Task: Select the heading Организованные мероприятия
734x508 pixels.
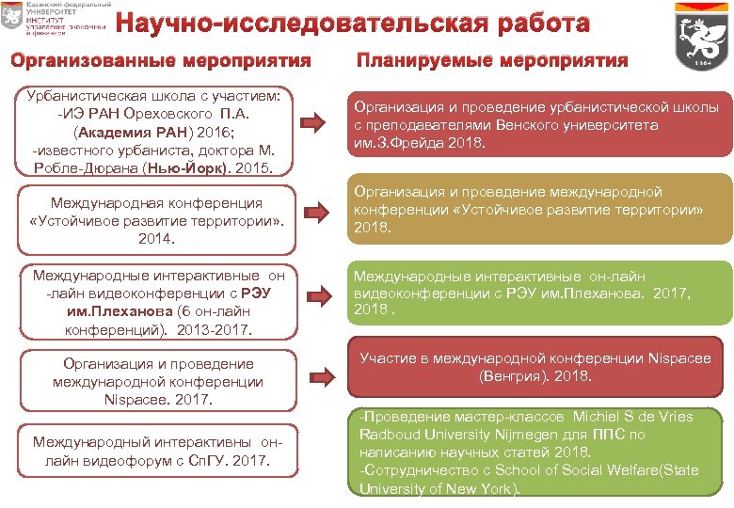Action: click(x=160, y=62)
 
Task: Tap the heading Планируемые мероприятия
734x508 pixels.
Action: click(x=492, y=61)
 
